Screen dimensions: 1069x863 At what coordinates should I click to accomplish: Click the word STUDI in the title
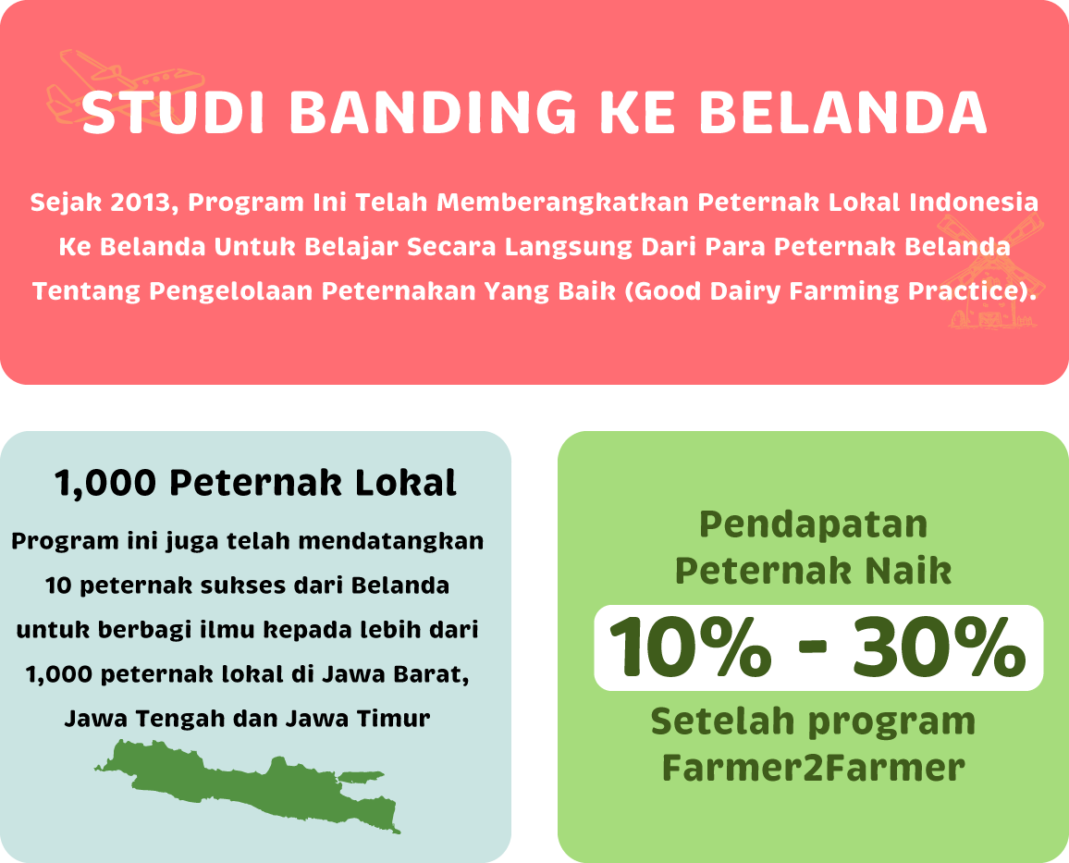[x=173, y=112]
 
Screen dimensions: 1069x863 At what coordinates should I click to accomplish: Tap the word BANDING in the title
[x=432, y=112]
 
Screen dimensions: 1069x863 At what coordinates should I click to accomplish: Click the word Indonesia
[x=974, y=203]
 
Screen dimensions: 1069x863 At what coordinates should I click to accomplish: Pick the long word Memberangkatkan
[x=563, y=203]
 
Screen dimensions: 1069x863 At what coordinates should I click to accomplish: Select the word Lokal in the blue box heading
[x=405, y=483]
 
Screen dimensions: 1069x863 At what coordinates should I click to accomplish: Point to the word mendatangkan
[x=391, y=541]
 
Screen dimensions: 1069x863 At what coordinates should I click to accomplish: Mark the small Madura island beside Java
[x=362, y=777]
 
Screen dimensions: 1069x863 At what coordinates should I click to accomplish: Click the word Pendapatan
[x=814, y=524]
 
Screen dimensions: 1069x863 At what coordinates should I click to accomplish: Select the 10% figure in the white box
[x=690, y=647]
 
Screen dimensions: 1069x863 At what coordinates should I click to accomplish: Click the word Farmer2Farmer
[x=814, y=768]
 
